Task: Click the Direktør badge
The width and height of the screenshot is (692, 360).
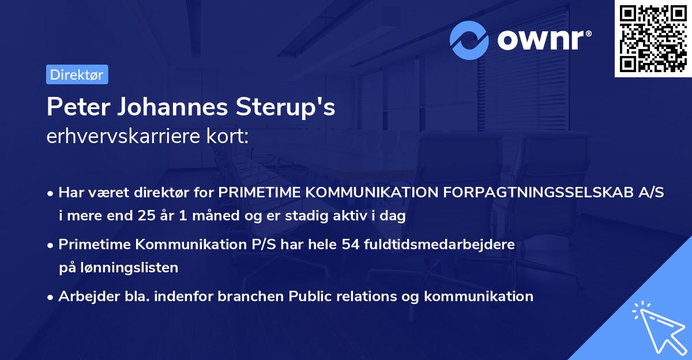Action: (x=77, y=74)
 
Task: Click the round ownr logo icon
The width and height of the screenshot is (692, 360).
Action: (x=469, y=40)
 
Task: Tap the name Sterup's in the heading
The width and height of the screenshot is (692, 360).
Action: (x=296, y=107)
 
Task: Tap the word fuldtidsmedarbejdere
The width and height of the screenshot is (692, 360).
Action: (x=451, y=244)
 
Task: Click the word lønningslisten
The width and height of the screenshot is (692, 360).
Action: (x=126, y=267)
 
